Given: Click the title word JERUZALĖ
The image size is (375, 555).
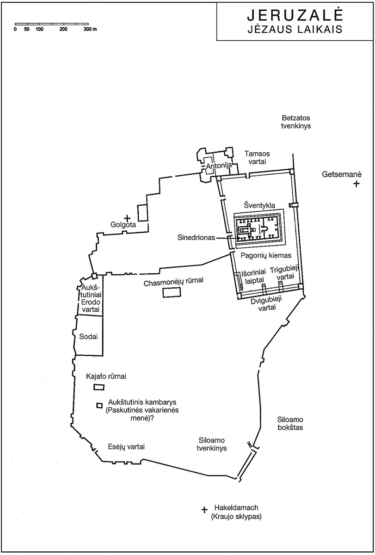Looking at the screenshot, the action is [295, 15].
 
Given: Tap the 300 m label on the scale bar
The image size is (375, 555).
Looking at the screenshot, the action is [90, 29].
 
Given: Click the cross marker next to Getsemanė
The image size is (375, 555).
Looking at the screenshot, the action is [356, 184].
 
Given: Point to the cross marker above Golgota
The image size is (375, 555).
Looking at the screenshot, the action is [127, 218].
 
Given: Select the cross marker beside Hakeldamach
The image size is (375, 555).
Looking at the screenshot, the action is [204, 510].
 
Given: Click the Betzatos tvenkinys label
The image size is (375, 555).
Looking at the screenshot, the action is [296, 122].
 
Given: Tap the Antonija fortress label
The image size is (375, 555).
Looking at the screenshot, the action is [219, 166].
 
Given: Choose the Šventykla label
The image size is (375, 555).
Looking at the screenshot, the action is [259, 205].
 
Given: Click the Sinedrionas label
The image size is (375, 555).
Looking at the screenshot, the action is [196, 238].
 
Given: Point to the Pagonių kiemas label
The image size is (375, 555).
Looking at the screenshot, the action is [266, 255].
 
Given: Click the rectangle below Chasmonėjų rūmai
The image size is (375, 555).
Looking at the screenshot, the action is [172, 293].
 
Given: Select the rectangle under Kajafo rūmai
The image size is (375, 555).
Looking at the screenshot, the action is [99, 387].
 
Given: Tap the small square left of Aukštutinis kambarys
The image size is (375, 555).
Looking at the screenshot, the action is [99, 405].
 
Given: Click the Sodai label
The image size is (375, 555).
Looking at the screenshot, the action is [88, 337].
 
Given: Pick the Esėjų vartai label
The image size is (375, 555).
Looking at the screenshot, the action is [126, 446].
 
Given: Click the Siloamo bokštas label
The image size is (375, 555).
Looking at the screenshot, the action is [290, 424].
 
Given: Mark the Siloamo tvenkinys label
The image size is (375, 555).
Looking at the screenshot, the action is [211, 444].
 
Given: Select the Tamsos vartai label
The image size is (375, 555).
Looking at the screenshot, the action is [257, 157].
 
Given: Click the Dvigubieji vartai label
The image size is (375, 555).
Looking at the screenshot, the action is [266, 304].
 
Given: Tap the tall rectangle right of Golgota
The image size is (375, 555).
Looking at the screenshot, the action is [143, 213].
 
